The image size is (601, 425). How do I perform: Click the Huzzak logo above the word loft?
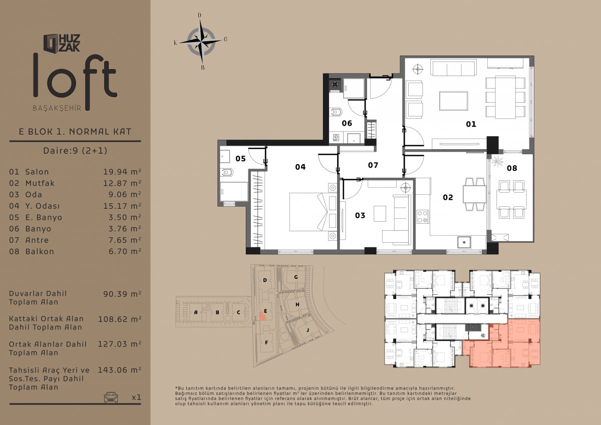(62, 43)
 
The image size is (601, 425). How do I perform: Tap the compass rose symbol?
(201, 42)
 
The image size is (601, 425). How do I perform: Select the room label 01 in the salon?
(471, 124)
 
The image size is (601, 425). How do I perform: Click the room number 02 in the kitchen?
(448, 197)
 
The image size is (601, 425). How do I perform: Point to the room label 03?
(360, 215)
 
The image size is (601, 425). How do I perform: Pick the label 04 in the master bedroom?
(300, 167)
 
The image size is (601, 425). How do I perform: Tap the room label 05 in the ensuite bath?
(240, 159)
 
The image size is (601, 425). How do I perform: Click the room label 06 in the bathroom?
(347, 123)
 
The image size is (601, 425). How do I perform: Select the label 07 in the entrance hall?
(373, 165)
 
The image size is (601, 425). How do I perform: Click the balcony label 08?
(512, 168)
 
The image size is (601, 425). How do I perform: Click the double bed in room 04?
(313, 212)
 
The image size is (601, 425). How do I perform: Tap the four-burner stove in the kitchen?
(423, 217)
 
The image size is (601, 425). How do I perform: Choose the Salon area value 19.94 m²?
(122, 172)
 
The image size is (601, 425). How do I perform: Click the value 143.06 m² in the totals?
(119, 370)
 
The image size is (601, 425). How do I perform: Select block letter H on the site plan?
(297, 304)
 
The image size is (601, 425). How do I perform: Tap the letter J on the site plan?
(308, 330)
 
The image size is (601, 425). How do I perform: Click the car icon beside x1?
(111, 397)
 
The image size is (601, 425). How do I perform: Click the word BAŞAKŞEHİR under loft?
(57, 108)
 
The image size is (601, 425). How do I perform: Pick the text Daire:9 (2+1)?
(75, 150)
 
